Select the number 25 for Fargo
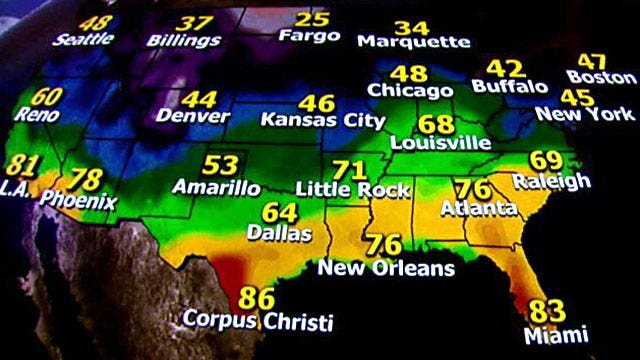tap(313, 20)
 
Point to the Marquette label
tap(413, 42)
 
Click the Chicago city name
tap(410, 91)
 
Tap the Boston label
tap(601, 76)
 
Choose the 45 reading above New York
tap(578, 97)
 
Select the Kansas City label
tap(322, 120)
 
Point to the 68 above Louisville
tap(436, 124)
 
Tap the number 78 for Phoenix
tap(88, 181)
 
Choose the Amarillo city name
tap(217, 187)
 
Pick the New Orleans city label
tap(386, 268)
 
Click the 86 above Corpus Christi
tap(256, 297)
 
